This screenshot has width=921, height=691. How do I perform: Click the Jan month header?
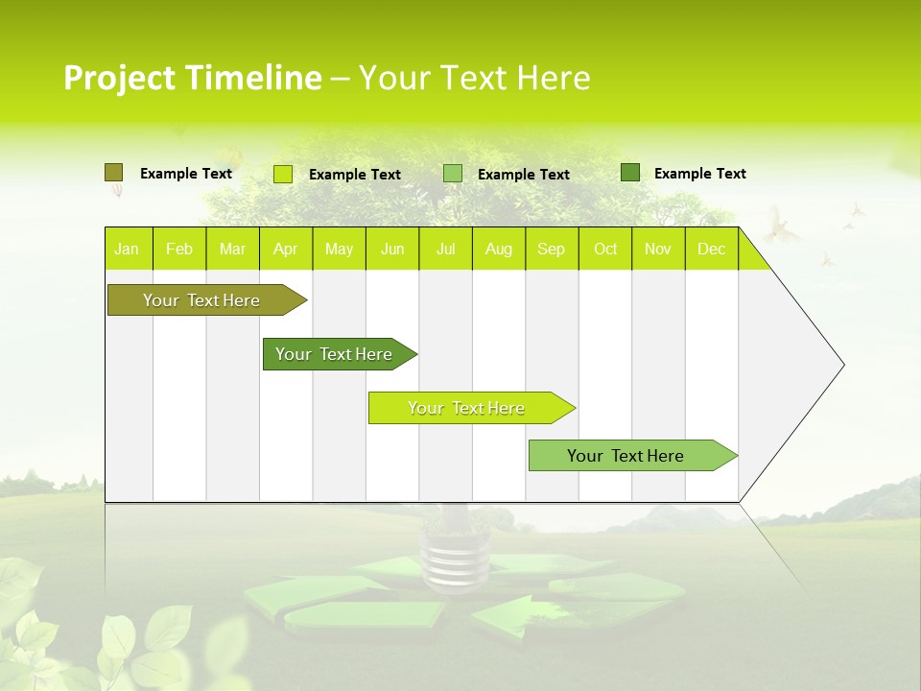pos(127,249)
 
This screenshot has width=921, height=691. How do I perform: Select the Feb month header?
pos(179,249)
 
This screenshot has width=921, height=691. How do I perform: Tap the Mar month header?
pos(232,249)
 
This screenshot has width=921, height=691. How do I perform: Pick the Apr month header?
pos(286,249)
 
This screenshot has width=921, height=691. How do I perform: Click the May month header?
pos(339,249)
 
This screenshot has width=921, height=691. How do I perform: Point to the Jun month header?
pos(392,249)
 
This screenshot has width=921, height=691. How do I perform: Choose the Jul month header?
pos(445,249)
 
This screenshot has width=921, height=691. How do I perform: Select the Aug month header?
pos(499,249)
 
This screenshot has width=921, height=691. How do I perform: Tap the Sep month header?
pos(552,249)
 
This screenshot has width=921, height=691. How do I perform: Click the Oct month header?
pos(605,249)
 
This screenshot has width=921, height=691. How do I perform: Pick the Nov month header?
pos(658,249)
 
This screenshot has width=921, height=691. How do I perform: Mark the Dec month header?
pos(712,249)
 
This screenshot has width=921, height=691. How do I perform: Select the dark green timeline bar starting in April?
pos(335,354)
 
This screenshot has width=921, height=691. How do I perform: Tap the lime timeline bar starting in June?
pos(467,408)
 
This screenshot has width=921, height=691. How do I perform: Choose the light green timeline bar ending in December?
pos(626,456)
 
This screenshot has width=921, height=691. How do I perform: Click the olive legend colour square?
pos(113,173)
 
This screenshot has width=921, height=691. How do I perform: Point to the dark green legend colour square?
pos(629,173)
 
